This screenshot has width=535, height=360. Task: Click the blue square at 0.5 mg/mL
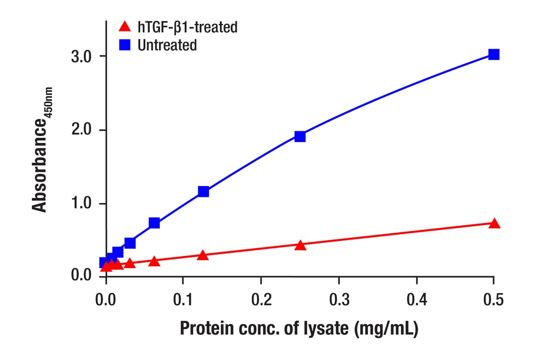pos(493,54)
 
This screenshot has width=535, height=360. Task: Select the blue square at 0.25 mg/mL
pos(300,136)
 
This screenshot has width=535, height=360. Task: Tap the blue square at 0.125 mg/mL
pos(203,191)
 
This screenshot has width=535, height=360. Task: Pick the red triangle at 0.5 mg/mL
pos(494,224)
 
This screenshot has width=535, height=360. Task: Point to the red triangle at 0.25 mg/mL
pos(301,245)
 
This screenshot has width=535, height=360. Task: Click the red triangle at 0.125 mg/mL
pos(203,255)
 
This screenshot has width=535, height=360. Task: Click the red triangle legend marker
pos(124,27)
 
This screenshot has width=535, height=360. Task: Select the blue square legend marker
pos(124,45)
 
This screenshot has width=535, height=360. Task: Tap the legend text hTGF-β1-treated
pos(188,27)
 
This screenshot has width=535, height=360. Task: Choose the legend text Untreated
pos(167,45)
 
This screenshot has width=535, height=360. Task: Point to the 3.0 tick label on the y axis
pos(82,56)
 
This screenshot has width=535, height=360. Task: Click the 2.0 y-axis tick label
pos(82,130)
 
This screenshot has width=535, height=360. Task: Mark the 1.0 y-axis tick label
pos(82,204)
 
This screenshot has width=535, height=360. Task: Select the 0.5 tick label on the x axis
pos(493,299)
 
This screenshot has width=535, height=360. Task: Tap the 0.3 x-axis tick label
pos(339,299)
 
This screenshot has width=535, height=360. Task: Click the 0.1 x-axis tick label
pos(183,299)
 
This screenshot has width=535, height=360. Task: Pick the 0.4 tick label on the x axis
pos(416,299)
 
